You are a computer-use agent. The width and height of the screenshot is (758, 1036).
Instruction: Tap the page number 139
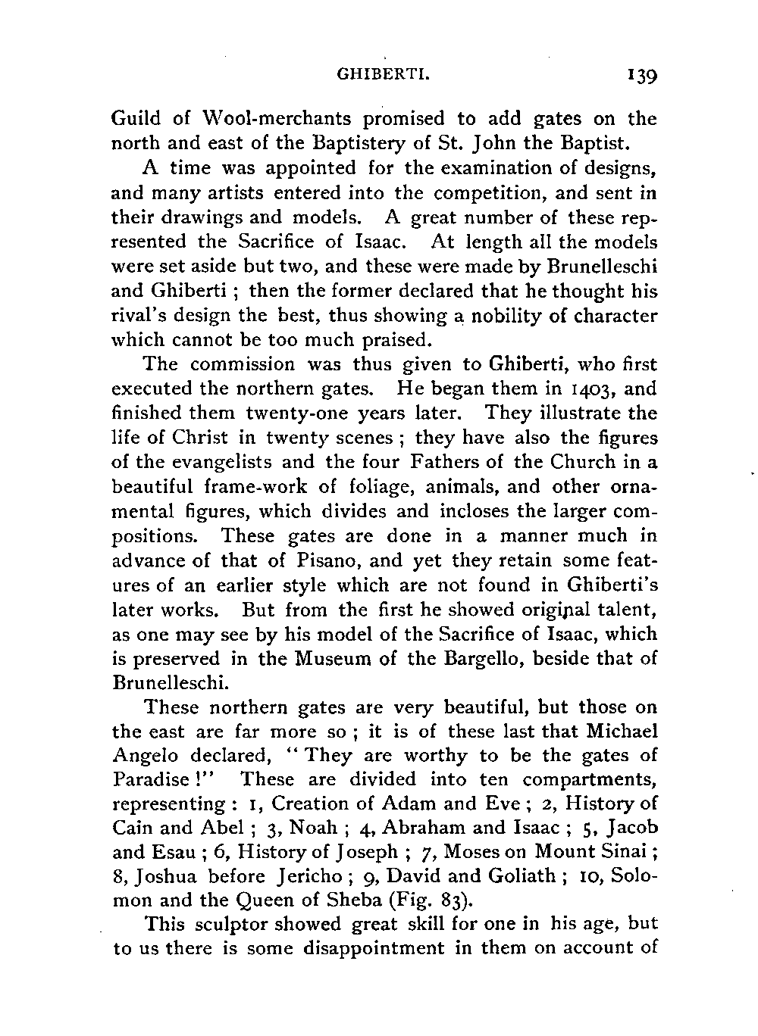point(637,76)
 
